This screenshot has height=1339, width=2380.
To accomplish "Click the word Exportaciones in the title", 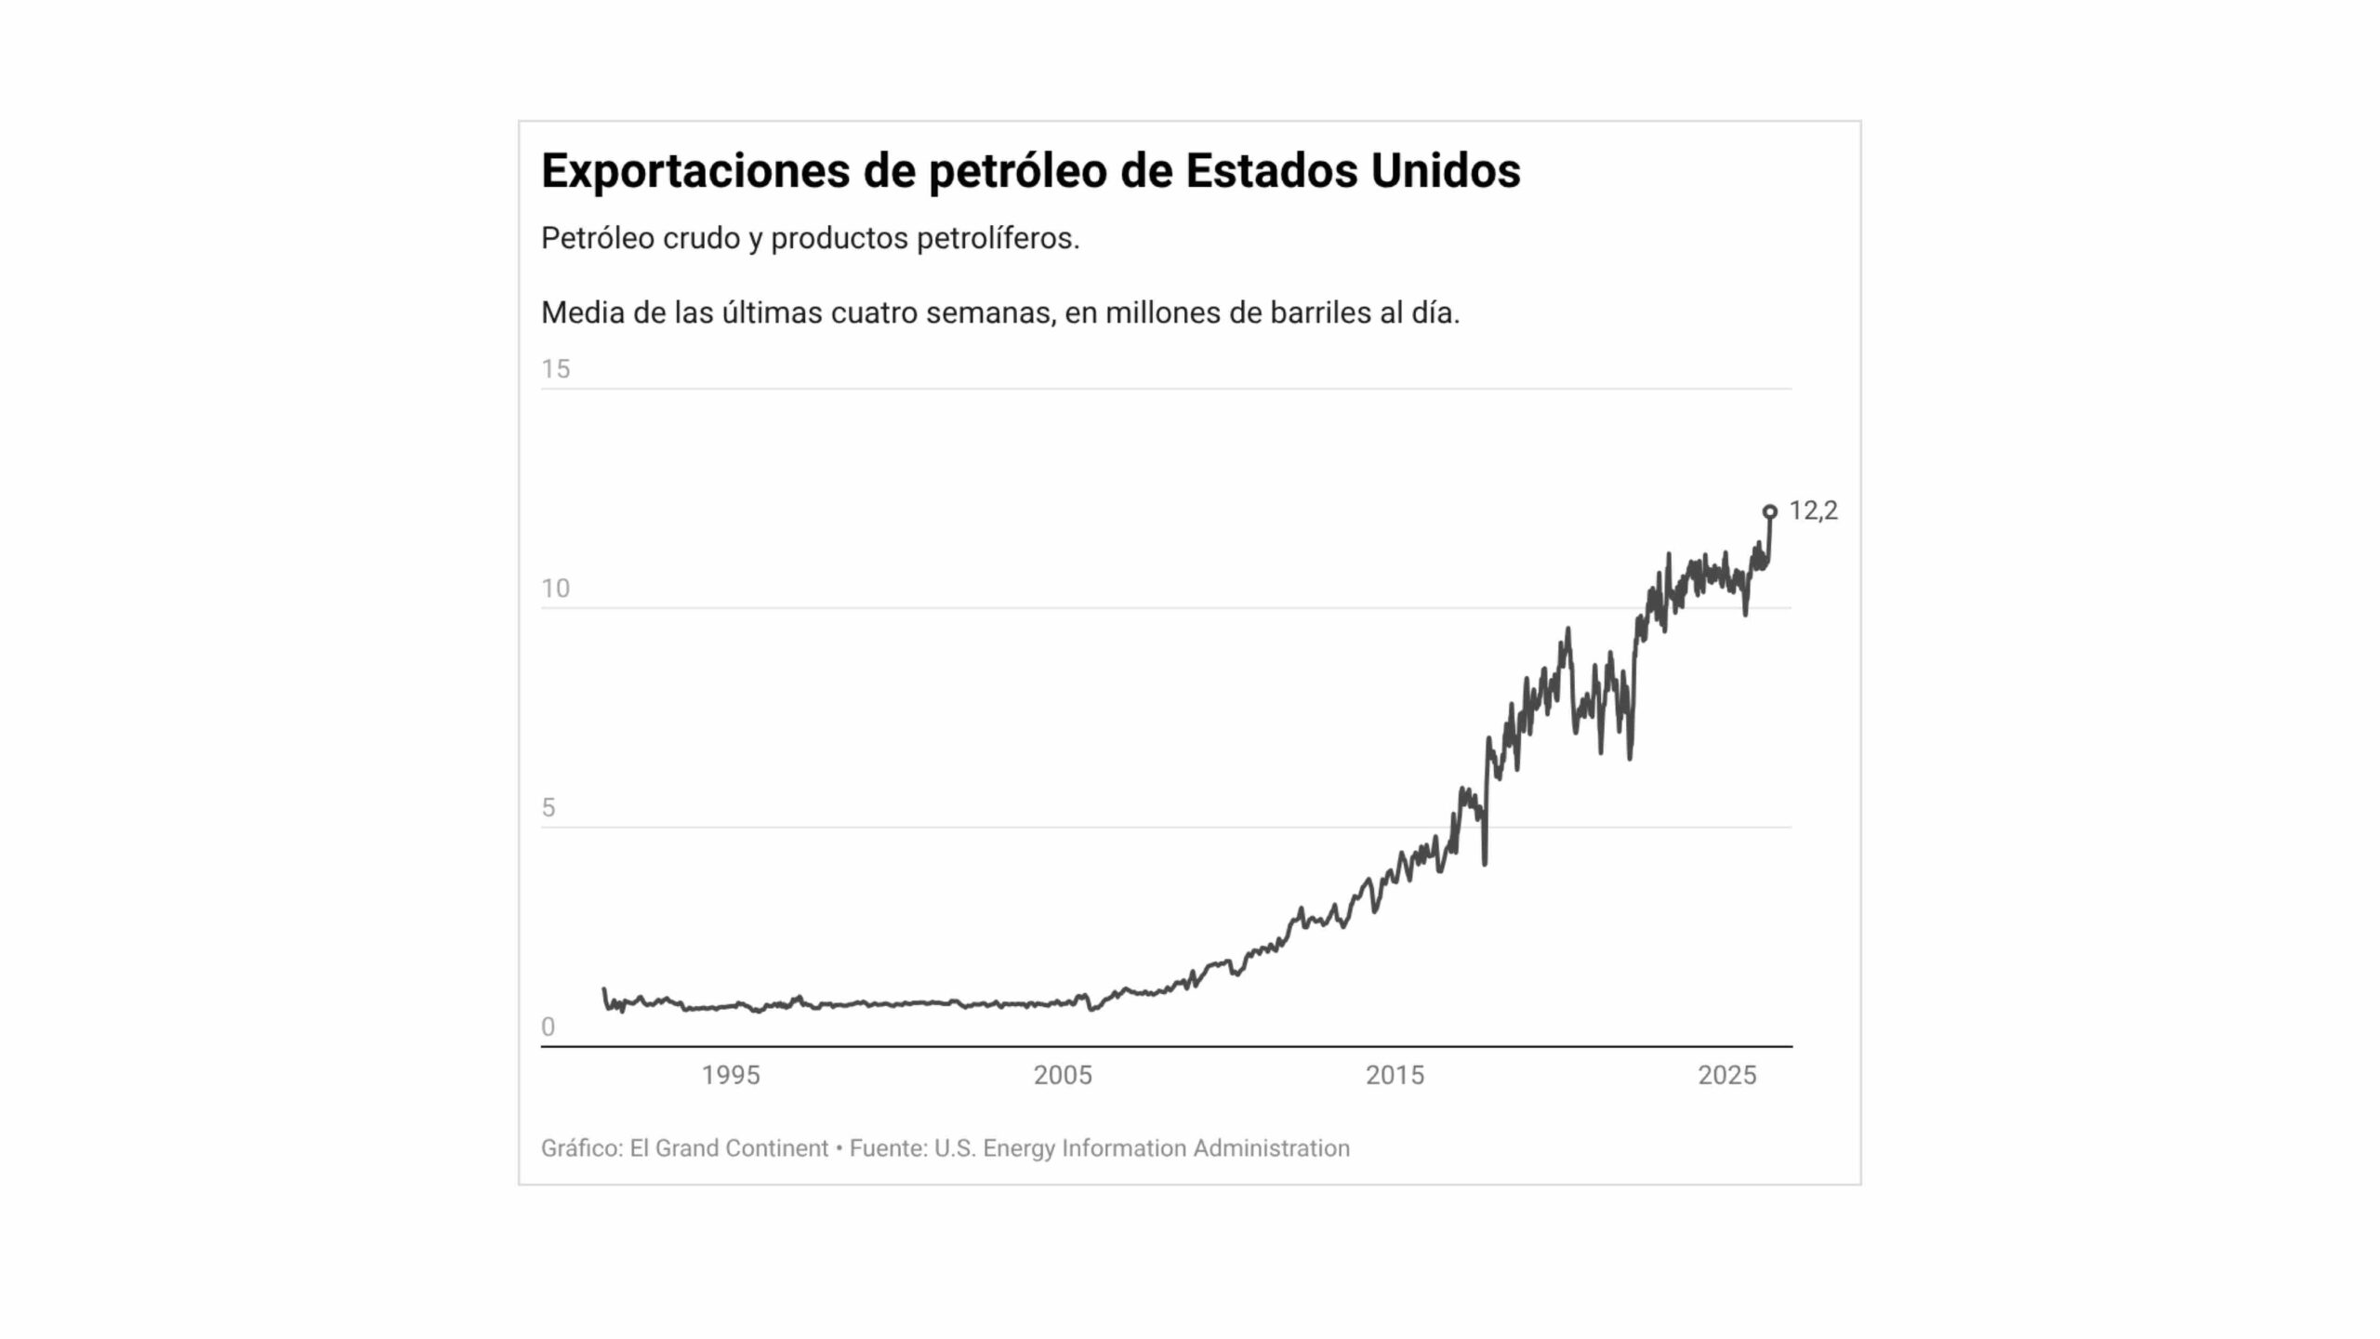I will click(x=694, y=171).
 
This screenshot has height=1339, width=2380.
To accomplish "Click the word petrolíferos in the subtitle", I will click(x=997, y=239).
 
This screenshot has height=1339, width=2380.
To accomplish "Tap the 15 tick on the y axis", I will click(x=556, y=369).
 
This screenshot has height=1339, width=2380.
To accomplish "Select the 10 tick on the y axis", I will click(x=556, y=589).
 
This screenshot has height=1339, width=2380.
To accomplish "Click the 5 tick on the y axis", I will click(x=549, y=808).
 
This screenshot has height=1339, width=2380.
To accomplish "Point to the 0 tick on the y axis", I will click(x=549, y=1027).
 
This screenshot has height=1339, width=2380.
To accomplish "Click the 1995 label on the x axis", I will click(x=731, y=1076).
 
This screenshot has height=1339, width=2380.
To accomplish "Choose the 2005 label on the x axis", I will click(x=1063, y=1076).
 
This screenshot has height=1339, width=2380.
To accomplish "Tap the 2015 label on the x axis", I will click(x=1395, y=1076).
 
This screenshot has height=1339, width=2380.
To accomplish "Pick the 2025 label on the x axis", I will click(x=1726, y=1076).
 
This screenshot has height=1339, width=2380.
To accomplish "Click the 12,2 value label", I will click(x=1813, y=510).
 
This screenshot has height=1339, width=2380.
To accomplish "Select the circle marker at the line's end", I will click(x=1770, y=511).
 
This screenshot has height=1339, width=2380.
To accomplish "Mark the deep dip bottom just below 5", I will click(x=1485, y=864).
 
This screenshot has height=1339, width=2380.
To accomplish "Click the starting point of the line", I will click(x=604, y=989).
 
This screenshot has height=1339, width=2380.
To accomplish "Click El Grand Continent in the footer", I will click(x=729, y=1148).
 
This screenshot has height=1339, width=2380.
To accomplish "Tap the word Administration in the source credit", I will click(x=1271, y=1148).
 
